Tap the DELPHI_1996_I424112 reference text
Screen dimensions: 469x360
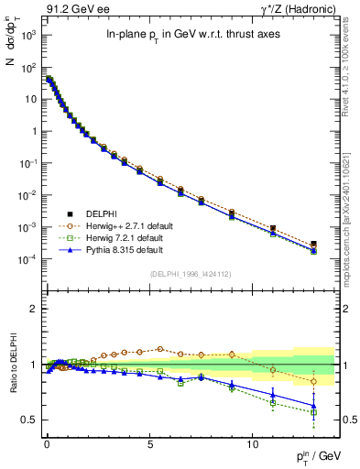click(189, 272)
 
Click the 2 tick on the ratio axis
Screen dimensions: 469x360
click(31, 309)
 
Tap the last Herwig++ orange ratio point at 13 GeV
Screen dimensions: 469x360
click(313, 381)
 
